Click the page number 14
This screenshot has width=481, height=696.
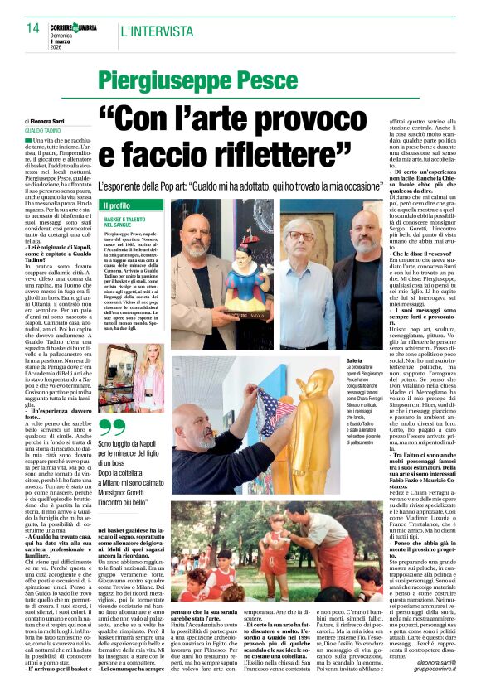click(32, 28)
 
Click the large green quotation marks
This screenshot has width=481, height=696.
click(113, 428)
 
